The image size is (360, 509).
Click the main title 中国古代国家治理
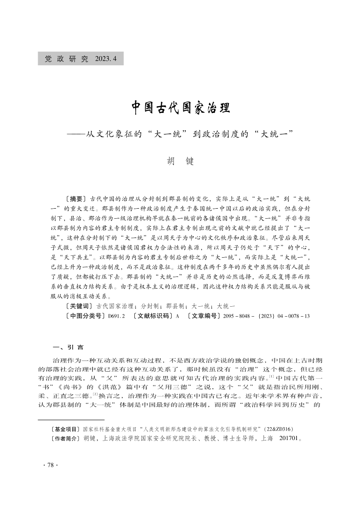click(x=180, y=108)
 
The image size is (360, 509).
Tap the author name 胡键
click(x=180, y=161)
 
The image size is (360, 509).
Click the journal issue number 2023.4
click(x=107, y=59)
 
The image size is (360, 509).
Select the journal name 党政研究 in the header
click(x=66, y=59)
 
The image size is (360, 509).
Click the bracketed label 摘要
click(x=76, y=199)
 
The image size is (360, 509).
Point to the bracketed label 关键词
click(x=79, y=306)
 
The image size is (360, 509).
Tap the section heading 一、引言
click(x=69, y=348)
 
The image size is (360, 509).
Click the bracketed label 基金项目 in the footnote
click(x=66, y=428)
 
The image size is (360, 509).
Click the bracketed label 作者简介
click(x=66, y=439)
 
